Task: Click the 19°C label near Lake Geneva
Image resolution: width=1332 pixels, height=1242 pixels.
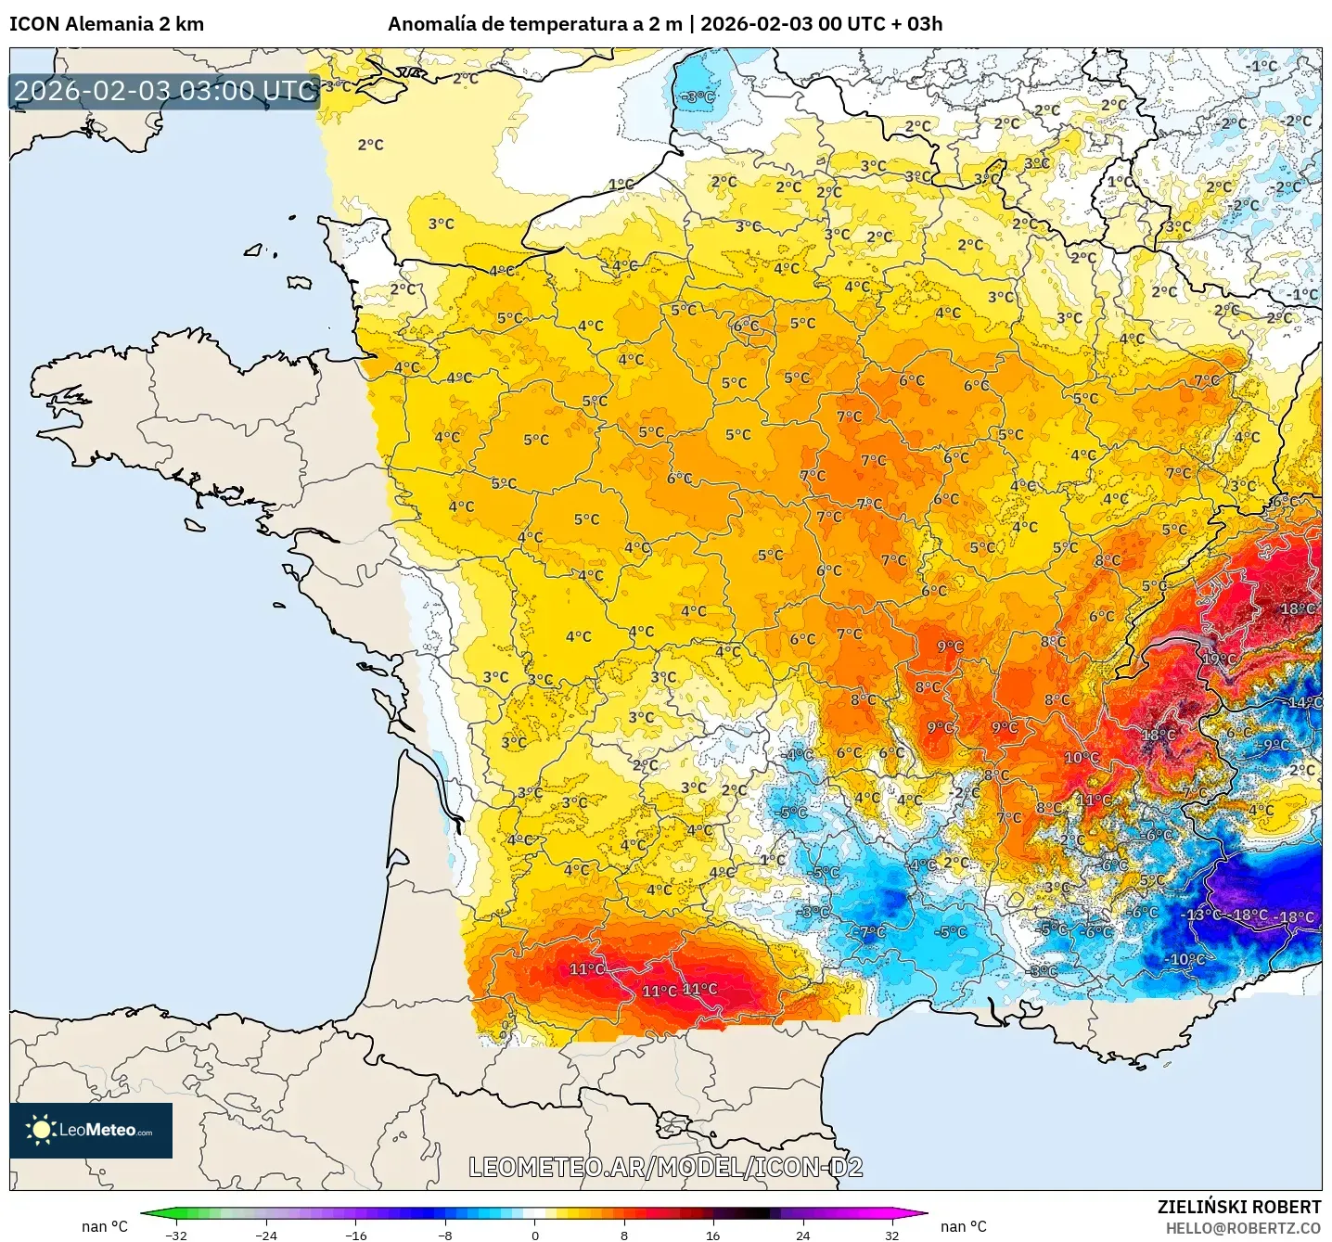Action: [x=1219, y=659]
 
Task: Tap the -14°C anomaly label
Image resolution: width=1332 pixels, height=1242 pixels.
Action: [x=1303, y=702]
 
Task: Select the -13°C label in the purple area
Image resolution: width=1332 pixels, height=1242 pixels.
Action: [x=1203, y=915]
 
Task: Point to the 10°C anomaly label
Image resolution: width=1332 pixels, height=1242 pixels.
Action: [x=1081, y=758]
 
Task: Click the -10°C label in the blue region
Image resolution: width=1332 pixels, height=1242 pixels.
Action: [x=1186, y=959]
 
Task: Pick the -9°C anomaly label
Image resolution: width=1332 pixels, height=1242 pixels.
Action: [x=1275, y=745]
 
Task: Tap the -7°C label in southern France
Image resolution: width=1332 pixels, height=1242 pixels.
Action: [x=871, y=932]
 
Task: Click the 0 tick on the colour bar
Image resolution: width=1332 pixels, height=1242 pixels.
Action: [x=535, y=1235]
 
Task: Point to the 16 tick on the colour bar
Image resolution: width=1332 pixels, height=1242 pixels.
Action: [x=712, y=1235]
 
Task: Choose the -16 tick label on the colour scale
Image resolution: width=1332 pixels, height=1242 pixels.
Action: [x=355, y=1235]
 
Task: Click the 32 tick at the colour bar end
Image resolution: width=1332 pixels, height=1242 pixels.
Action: [x=891, y=1235]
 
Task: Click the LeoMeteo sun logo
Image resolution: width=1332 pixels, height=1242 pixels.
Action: [x=41, y=1130]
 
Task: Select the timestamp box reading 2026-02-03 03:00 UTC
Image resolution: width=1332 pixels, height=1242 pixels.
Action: [x=165, y=91]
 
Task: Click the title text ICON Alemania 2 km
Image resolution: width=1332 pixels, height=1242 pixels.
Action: [x=107, y=24]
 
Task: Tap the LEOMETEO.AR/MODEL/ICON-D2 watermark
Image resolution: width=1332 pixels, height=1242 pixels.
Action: [x=665, y=1167]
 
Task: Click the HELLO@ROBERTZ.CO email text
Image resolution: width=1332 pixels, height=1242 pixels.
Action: [x=1243, y=1228]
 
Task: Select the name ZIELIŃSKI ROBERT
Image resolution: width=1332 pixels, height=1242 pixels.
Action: [x=1239, y=1207]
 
